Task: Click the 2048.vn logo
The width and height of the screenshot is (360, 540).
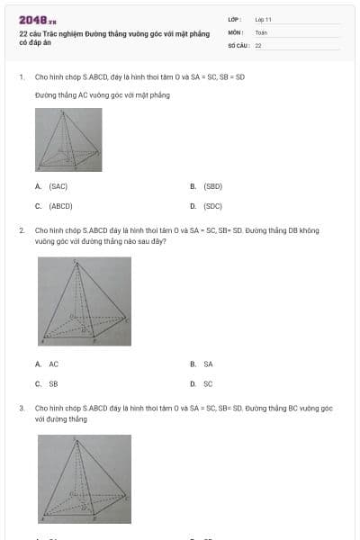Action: click(x=38, y=20)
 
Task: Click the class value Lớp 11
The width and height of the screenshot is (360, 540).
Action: click(x=263, y=19)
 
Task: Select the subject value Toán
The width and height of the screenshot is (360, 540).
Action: click(x=261, y=31)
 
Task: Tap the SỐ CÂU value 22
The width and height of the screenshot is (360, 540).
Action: click(x=258, y=44)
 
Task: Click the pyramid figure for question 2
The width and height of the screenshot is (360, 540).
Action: click(x=84, y=301)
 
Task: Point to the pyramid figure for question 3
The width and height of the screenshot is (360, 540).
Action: click(x=84, y=479)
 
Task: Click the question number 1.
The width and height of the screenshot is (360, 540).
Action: click(x=21, y=77)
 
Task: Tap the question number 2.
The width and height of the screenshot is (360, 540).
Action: click(x=21, y=230)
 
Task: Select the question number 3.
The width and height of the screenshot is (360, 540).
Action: click(x=21, y=408)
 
